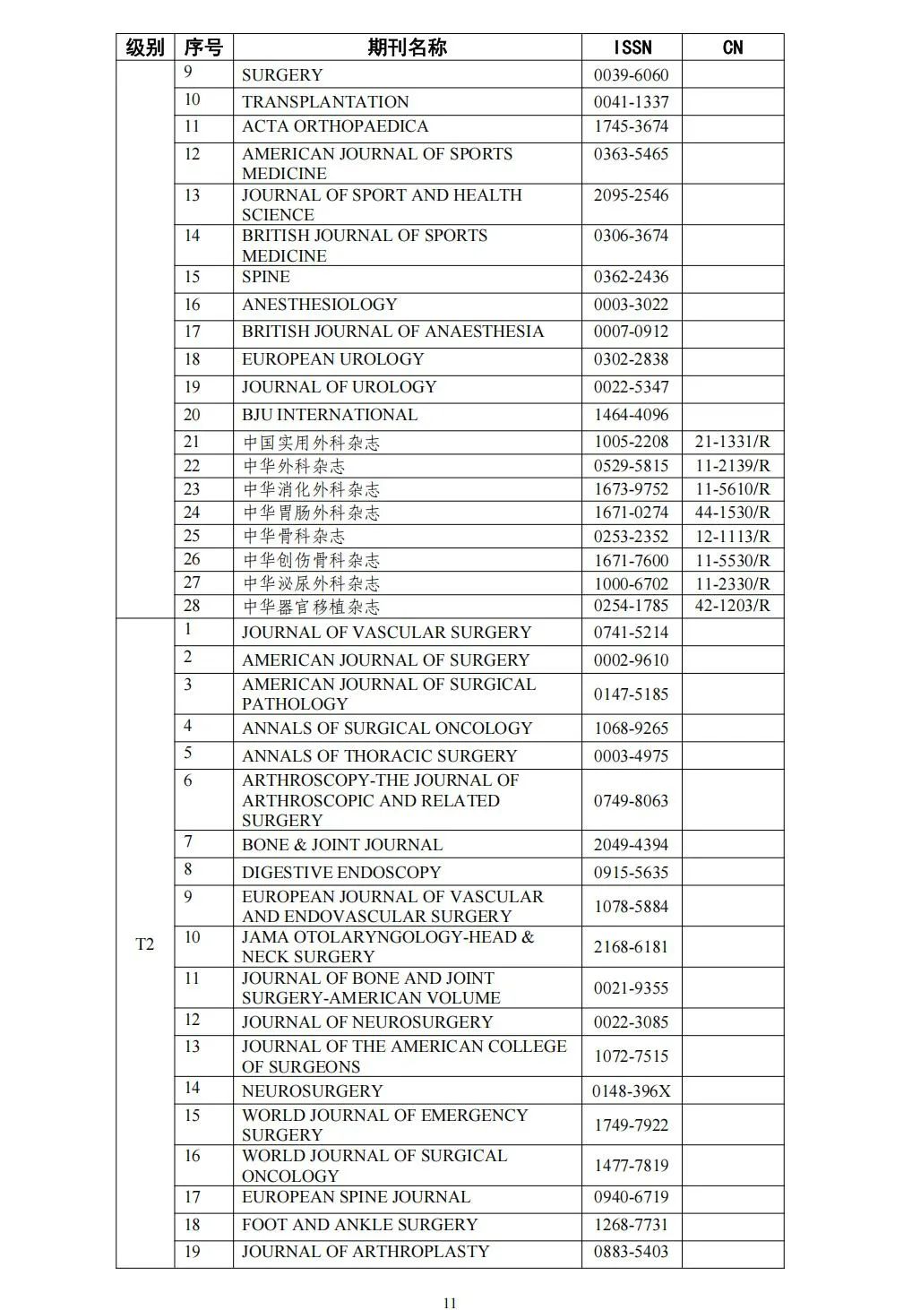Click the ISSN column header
pos(632,47)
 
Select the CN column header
pos(732,47)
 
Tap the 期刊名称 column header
pos(407,47)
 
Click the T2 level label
pos(144,944)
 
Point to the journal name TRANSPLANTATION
pos(325,101)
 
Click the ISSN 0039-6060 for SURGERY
pos(631,75)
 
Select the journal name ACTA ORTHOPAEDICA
pos(335,126)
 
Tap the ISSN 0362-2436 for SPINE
pos(631,277)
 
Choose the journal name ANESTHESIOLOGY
pos(319,305)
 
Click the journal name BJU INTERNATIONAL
pos(330,415)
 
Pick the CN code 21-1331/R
pos(732,442)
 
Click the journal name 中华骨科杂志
pos(294,536)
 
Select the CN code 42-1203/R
pos(732,606)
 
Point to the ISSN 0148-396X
pos(631,1090)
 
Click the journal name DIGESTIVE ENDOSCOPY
pos(341,872)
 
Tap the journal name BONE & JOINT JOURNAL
pos(342,844)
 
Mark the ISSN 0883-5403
pos(631,1252)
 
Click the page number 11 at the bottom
pos(450,1303)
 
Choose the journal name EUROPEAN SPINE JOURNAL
pos(356,1197)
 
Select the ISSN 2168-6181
pos(631,946)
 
